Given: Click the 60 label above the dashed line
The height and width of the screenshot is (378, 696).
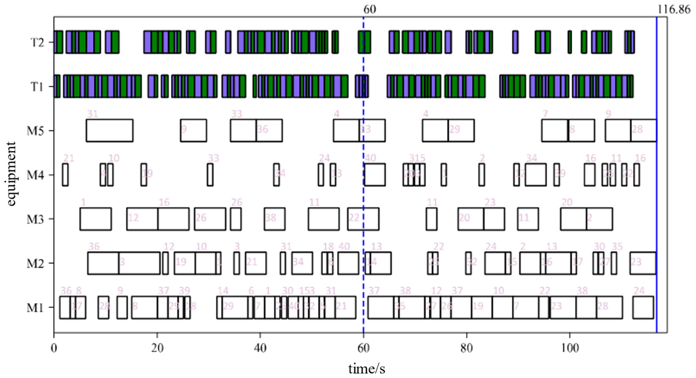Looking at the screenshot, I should click(369, 10).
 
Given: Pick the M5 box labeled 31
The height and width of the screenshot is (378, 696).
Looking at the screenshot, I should click(109, 130).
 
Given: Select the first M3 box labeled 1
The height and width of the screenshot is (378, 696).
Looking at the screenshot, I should click(95, 219).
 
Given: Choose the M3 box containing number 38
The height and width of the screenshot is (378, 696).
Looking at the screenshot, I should click(274, 219).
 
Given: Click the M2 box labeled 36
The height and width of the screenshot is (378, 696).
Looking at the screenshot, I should click(103, 263).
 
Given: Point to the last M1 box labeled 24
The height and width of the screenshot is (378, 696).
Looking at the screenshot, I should click(643, 308).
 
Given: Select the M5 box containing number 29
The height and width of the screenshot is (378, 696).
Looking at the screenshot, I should click(461, 130).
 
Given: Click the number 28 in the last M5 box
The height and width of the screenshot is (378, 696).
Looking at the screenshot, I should click(637, 129).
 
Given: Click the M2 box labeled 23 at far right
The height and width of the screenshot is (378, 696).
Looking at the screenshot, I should click(643, 263).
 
